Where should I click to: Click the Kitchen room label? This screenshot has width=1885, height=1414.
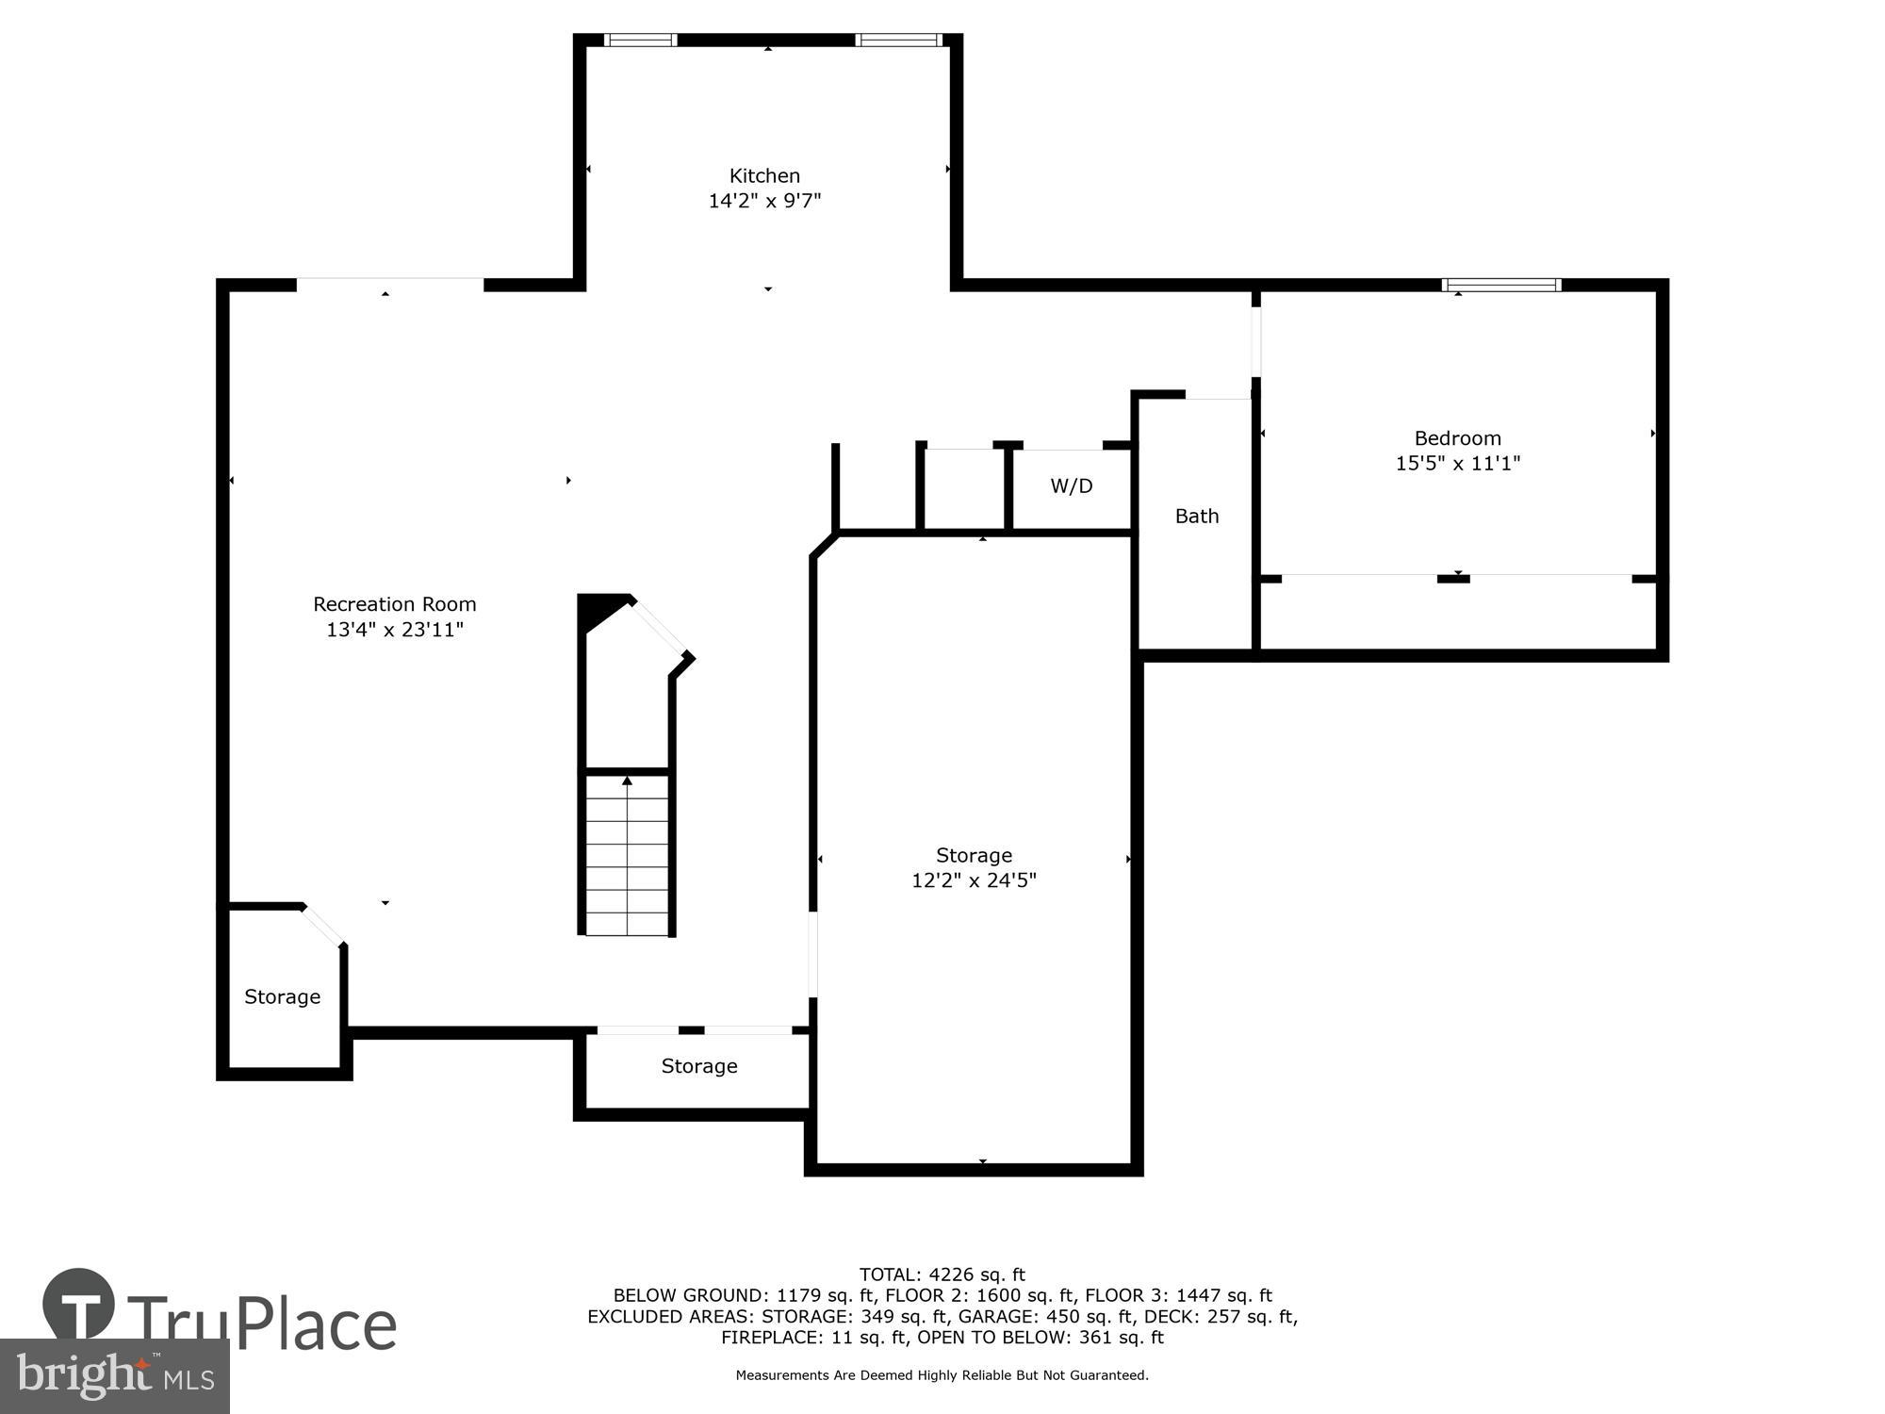(x=764, y=175)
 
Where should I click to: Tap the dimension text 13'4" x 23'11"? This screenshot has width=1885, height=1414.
(x=395, y=630)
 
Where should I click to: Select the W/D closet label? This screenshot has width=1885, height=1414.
(x=1072, y=486)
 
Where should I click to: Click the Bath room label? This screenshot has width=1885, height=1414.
(x=1197, y=517)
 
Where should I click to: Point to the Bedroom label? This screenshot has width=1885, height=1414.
(x=1457, y=438)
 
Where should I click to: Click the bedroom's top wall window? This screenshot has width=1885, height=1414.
(x=1501, y=285)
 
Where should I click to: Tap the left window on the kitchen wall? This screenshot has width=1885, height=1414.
(x=640, y=40)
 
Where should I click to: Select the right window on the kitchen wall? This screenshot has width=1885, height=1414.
(x=898, y=40)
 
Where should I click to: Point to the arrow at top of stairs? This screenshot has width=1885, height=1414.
(x=627, y=781)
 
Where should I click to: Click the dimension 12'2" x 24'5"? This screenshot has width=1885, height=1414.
(x=974, y=880)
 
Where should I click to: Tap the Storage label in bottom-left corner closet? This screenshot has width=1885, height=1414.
(x=282, y=997)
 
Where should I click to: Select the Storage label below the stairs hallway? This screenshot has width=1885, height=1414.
(x=698, y=1066)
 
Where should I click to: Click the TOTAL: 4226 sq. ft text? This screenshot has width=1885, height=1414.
(x=942, y=1275)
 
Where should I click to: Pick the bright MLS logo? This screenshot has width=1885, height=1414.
(x=114, y=1376)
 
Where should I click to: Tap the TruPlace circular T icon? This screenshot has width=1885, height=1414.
(x=79, y=1306)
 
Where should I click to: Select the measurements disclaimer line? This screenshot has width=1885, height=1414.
(x=942, y=1375)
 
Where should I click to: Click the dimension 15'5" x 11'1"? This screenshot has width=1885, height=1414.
(x=1457, y=464)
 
